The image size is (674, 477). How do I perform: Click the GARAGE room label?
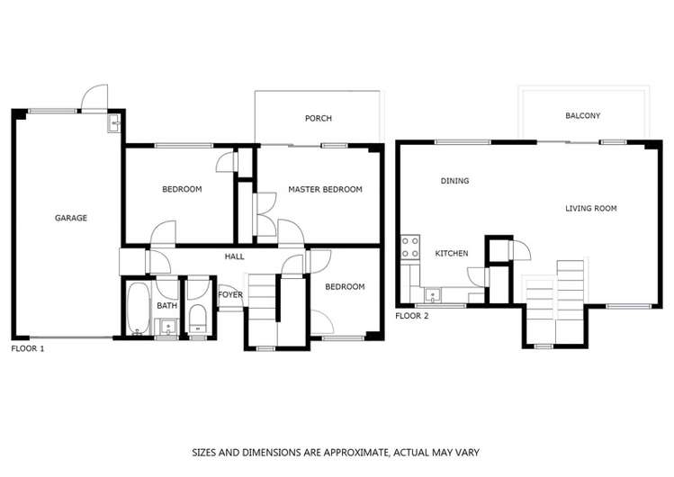(71, 218)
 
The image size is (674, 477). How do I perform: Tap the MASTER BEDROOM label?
(325, 190)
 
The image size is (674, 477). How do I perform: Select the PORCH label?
(318, 119)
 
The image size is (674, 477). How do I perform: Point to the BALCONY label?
(582, 116)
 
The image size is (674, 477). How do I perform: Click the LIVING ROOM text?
(590, 209)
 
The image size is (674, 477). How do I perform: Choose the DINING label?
(454, 181)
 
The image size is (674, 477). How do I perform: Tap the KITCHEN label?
(451, 254)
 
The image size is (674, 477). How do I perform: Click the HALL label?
(234, 257)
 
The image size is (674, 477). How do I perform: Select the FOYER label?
(230, 294)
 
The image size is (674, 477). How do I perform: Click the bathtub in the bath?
(138, 308)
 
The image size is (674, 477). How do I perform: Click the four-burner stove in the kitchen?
(410, 247)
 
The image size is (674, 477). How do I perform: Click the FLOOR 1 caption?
(27, 347)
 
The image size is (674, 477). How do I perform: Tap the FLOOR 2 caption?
(412, 316)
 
